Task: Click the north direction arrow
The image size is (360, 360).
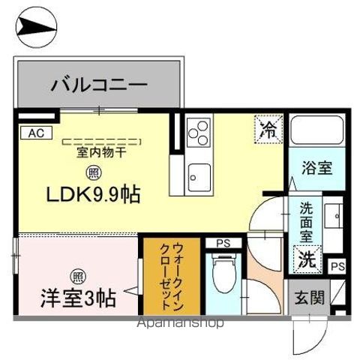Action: click(35, 29)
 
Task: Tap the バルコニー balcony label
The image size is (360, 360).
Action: click(99, 85)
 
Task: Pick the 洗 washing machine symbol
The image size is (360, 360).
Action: click(308, 259)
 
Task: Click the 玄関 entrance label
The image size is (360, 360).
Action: click(308, 298)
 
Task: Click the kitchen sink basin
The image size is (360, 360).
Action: click(200, 176)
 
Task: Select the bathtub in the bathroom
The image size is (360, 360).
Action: click(315, 133)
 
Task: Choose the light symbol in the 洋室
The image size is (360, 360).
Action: click(78, 275)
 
